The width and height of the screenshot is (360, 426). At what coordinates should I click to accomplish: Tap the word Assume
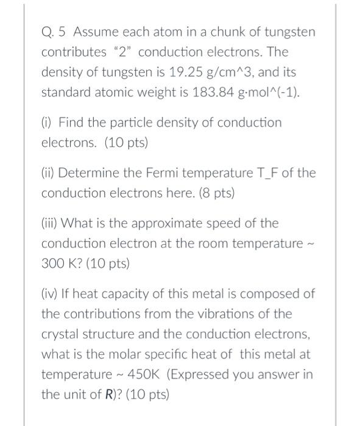pyautogui.click(x=94, y=32)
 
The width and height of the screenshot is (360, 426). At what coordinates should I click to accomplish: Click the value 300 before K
pyautogui.click(x=52, y=264)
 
